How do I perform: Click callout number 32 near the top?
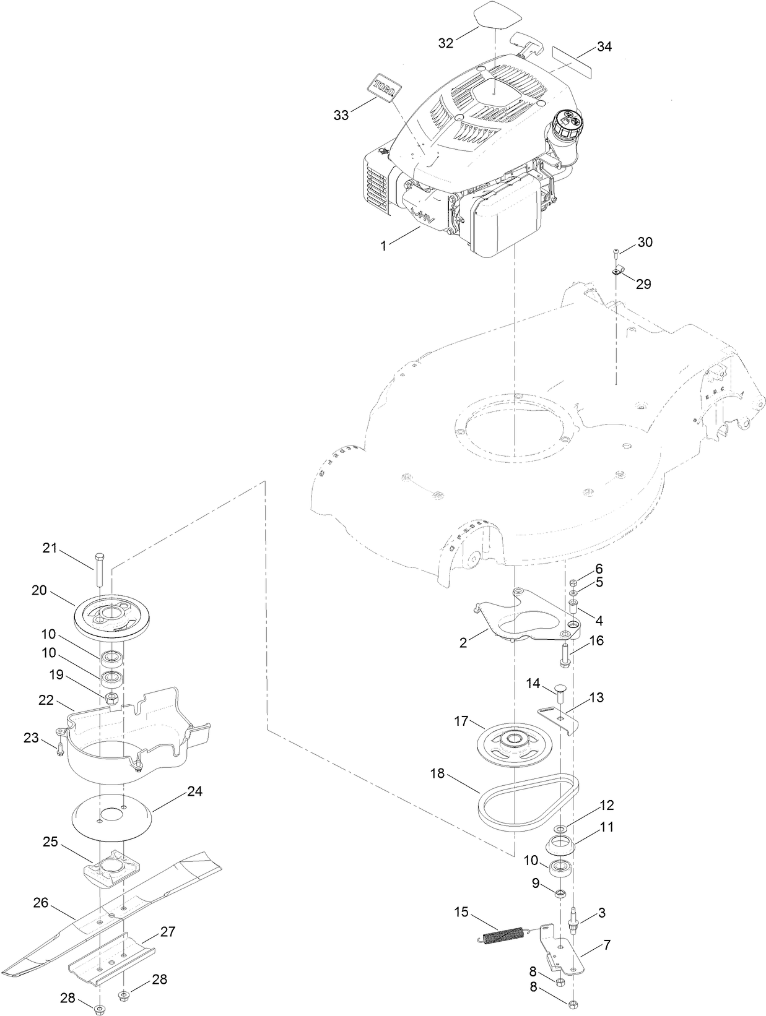click(446, 43)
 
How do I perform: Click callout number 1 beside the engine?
click(383, 246)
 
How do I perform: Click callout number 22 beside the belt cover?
click(46, 700)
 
